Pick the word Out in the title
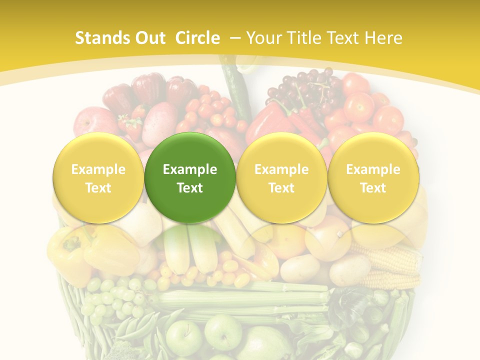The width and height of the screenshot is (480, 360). click(149, 38)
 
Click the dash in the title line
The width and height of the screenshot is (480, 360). click(235, 38)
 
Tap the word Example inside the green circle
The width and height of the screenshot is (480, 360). click(190, 169)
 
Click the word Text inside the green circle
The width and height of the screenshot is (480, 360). click(190, 188)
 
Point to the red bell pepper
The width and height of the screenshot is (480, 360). click(272, 120)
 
